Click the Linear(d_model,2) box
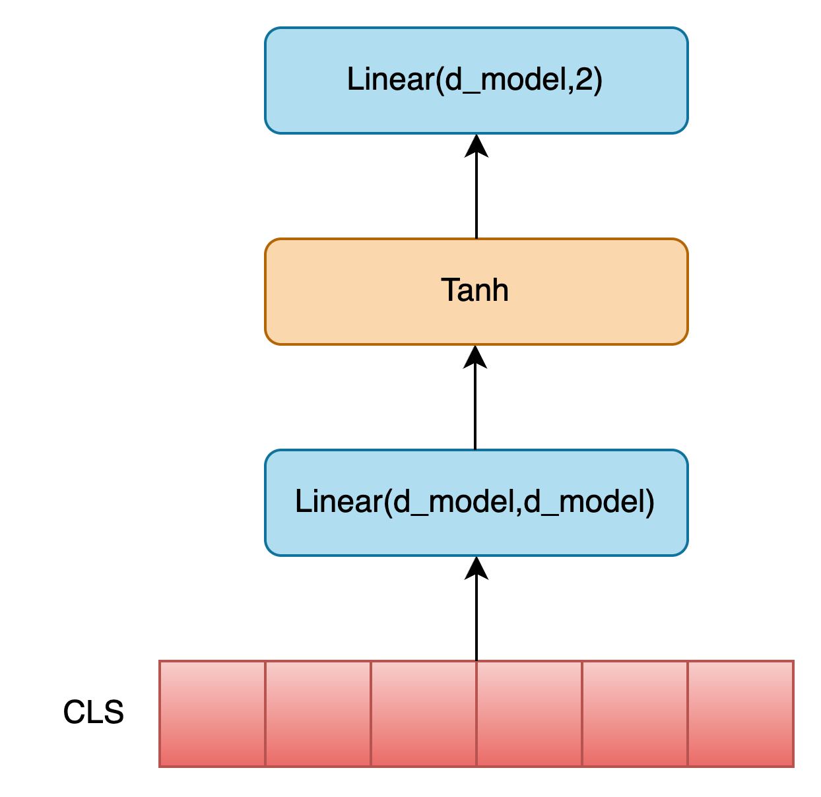click(x=476, y=80)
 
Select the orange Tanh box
click(x=476, y=292)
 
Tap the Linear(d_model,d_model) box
click(x=476, y=503)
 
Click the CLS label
click(x=93, y=713)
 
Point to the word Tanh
click(x=475, y=290)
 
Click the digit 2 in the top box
click(x=584, y=79)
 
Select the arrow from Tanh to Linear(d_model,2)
click(x=476, y=187)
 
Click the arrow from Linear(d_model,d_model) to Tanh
click(x=475, y=398)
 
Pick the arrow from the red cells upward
click(x=476, y=609)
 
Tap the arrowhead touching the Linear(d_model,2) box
click(x=476, y=146)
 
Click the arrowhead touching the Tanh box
click(x=475, y=357)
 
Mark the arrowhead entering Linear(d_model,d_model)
click(x=476, y=568)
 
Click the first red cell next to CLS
click(x=213, y=714)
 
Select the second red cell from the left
click(x=318, y=714)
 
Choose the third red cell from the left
click(x=424, y=714)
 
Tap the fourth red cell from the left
click(x=529, y=714)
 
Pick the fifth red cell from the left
click(x=635, y=714)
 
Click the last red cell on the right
click(x=741, y=714)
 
